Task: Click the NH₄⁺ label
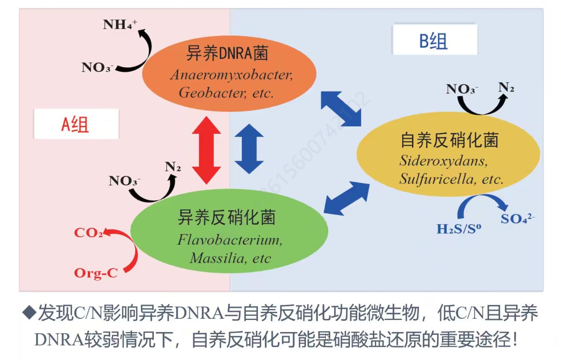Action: [120, 25]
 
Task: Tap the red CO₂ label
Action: [88, 233]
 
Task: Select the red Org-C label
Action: [96, 273]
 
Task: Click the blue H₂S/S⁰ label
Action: [458, 229]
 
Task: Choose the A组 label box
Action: [76, 124]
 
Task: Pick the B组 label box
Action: [435, 39]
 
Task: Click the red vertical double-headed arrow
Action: [206, 150]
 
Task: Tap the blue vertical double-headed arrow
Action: [249, 149]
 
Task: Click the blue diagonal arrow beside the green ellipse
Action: [346, 198]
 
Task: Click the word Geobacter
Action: [212, 93]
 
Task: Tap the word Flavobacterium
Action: [229, 240]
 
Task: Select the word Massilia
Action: [217, 258]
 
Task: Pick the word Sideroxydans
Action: [443, 161]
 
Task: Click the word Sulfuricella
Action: [437, 179]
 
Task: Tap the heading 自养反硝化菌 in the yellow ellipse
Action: [449, 140]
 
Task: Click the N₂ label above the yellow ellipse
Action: [506, 88]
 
